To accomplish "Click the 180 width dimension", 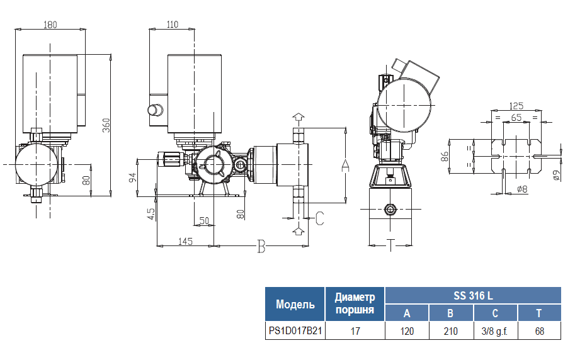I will point(50,25).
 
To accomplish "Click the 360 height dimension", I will point(106,125).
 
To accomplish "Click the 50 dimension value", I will point(204,221).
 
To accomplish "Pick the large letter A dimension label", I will point(344,166).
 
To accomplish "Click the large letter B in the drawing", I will point(261,246).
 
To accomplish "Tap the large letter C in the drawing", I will point(319,218).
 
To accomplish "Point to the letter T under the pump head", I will point(390,245).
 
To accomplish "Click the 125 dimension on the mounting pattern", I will point(516,106).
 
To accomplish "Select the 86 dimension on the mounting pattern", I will point(444,157).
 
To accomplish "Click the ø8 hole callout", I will point(521,189).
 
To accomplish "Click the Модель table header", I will point(295,305).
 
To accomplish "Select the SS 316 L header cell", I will point(472,296).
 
